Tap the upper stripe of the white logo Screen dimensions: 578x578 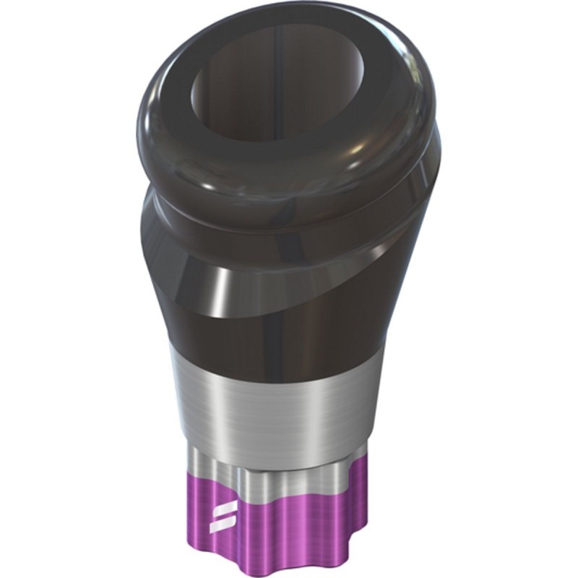point(217,509)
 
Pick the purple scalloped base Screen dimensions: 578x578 point(289,520)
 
